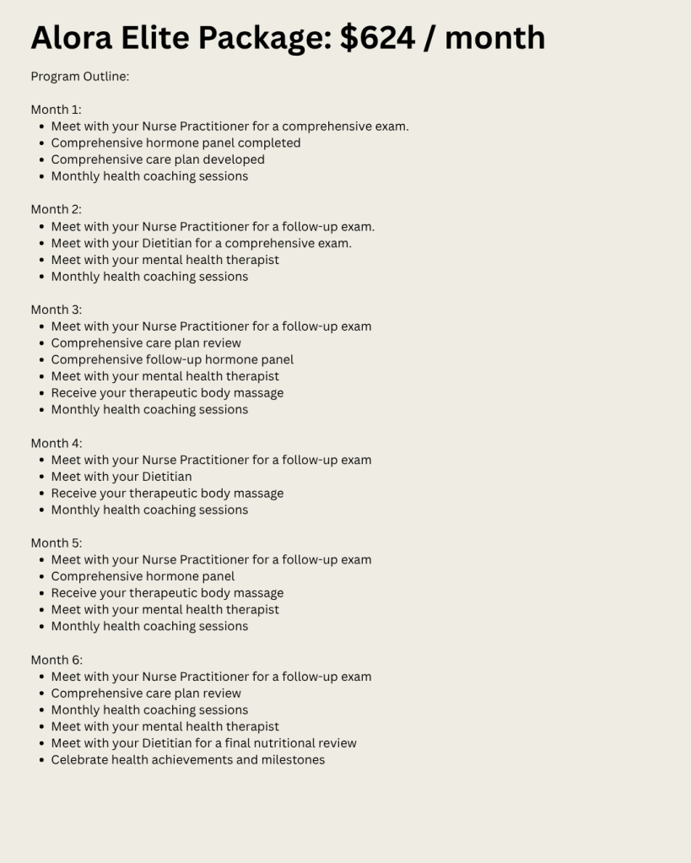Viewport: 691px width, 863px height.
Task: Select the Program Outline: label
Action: tap(80, 77)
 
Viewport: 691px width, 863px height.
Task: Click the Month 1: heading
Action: tap(57, 110)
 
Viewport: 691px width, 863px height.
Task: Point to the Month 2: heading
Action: tap(57, 209)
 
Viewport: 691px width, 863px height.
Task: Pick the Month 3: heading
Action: tap(57, 310)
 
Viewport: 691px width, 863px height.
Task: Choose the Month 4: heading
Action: tap(57, 443)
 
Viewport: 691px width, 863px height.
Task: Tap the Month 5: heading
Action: tap(57, 543)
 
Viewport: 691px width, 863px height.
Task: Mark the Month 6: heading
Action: tap(57, 660)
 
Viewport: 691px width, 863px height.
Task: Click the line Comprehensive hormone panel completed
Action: tap(175, 143)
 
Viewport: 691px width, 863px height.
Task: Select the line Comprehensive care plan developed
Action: tap(158, 159)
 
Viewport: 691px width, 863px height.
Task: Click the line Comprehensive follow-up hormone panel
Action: tap(172, 359)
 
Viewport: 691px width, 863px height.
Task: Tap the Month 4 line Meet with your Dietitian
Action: tap(121, 477)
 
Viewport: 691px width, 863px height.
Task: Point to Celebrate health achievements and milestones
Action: tap(187, 760)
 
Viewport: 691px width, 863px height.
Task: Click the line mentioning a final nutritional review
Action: tap(203, 743)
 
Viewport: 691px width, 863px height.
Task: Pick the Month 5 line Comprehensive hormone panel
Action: tap(143, 576)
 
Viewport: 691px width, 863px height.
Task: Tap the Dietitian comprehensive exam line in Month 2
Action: tap(201, 243)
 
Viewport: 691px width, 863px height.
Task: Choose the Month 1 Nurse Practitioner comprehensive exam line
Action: tap(229, 127)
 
